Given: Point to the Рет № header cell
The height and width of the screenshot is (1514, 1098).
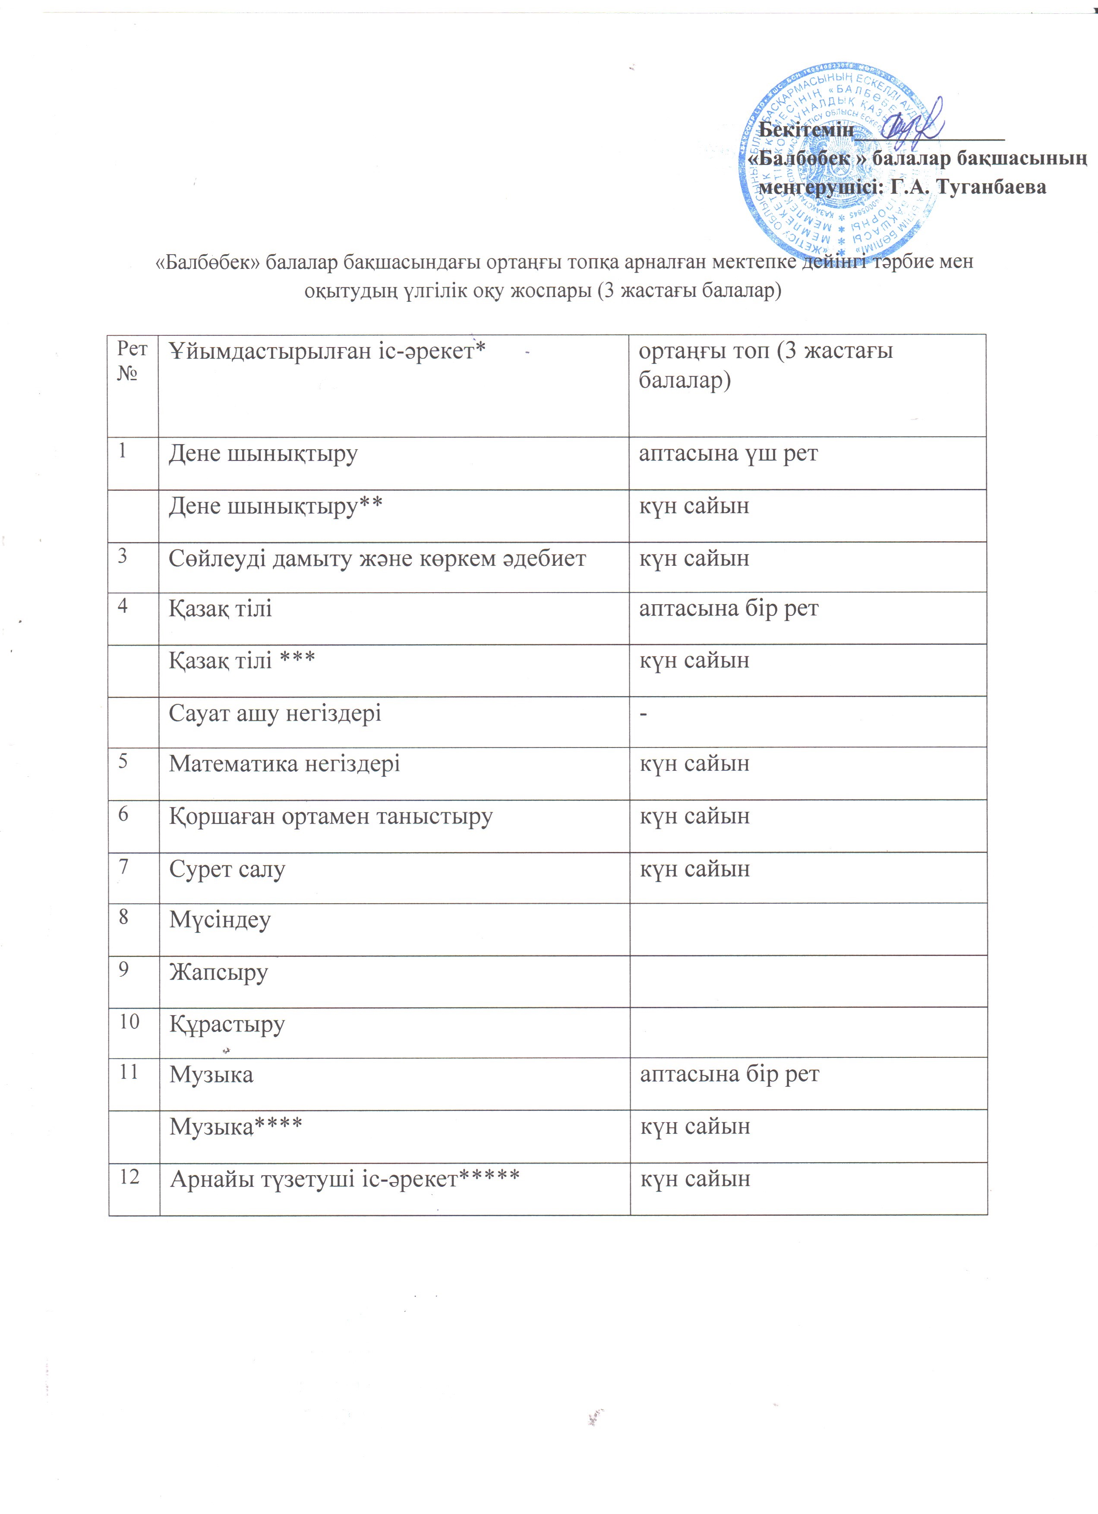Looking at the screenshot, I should [x=132, y=360].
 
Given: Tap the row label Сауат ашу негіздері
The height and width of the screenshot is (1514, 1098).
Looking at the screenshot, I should [x=275, y=713].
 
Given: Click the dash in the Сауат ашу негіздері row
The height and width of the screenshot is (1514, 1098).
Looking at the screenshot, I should [x=644, y=713].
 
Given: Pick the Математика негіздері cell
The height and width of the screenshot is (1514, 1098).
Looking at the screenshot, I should [x=284, y=763].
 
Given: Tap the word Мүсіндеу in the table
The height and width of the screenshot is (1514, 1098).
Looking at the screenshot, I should [x=220, y=920].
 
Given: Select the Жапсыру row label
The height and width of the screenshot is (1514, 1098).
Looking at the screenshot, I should [x=218, y=972].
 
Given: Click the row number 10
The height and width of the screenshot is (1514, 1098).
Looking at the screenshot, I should [x=129, y=1022].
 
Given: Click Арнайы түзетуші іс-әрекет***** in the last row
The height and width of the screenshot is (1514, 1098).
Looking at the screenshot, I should [x=344, y=1180].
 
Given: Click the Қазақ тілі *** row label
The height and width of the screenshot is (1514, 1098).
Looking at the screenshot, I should [x=242, y=660].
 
